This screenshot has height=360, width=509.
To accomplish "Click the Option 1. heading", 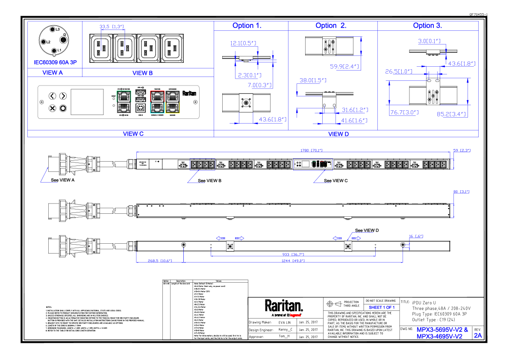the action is (247, 26).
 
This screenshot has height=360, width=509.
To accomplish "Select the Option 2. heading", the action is (331, 26).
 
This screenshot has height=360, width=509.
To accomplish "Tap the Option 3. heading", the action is (427, 26).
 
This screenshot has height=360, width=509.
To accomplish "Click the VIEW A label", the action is (53, 73).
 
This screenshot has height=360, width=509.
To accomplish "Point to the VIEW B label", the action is (143, 73).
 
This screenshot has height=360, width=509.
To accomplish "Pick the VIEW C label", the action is (133, 134).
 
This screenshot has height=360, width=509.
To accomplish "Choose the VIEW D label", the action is (338, 134).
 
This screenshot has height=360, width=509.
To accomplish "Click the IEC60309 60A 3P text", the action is (55, 62).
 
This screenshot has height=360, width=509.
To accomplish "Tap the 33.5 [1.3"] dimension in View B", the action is (112, 27).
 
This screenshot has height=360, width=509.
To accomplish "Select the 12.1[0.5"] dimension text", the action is (243, 43).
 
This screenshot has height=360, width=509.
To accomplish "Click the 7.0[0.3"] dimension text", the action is (260, 85).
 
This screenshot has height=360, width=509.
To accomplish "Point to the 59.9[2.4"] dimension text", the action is (345, 66).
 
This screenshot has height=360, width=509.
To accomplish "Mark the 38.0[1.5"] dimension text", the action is (313, 80).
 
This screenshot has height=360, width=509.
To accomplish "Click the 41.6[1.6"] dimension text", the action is (354, 121).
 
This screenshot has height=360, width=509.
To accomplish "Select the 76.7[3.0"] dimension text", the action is (404, 112).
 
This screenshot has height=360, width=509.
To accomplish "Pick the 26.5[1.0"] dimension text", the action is (398, 71).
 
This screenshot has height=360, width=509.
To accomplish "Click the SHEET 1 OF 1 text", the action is (382, 307).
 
